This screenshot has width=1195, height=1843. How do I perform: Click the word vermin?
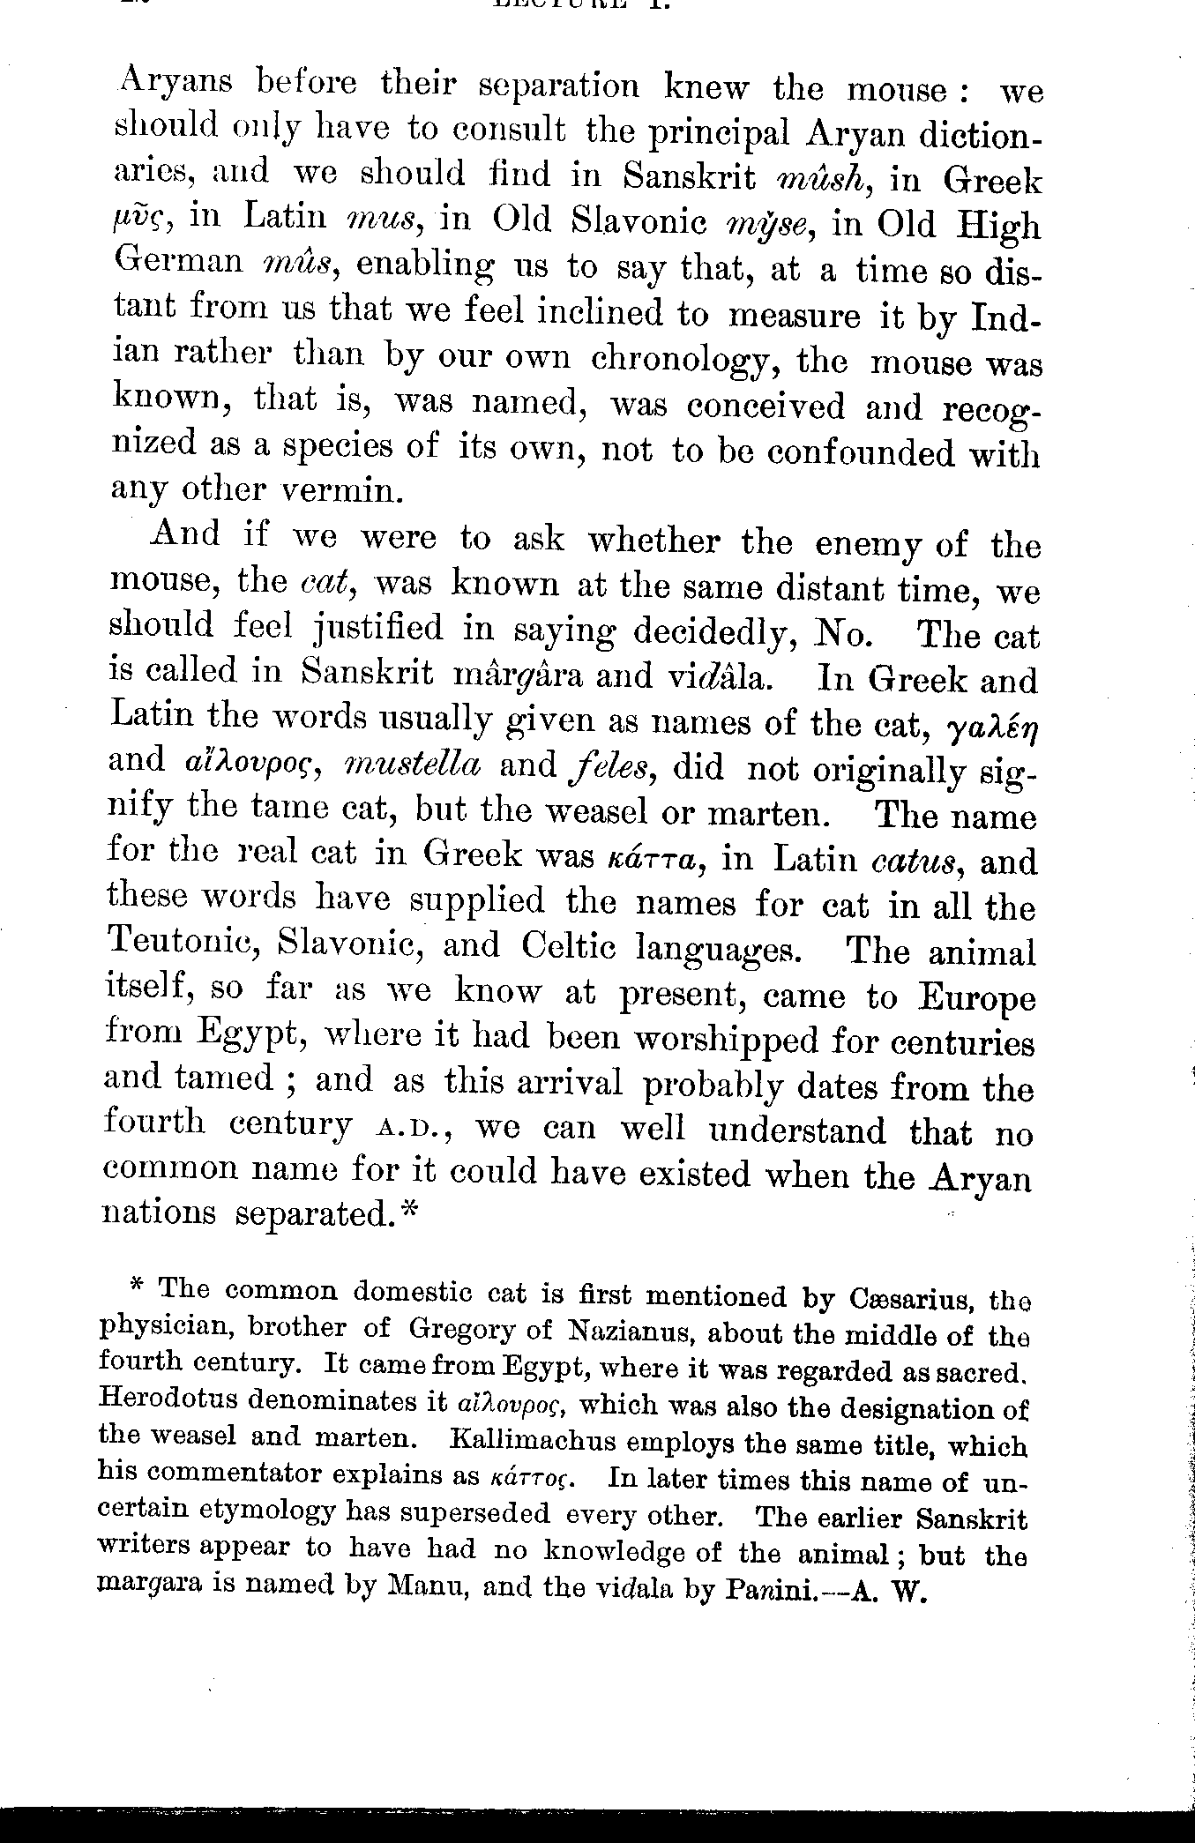[341, 489]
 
